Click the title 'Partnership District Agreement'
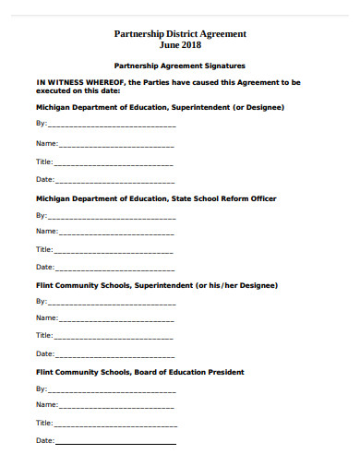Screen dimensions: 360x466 point(179,33)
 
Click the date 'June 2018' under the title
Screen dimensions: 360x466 point(179,44)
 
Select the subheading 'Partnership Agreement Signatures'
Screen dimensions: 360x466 point(179,66)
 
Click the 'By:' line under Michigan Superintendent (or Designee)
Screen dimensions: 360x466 point(111,125)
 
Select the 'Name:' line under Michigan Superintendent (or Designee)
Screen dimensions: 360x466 point(116,145)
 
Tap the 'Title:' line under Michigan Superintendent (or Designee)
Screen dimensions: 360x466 point(114,161)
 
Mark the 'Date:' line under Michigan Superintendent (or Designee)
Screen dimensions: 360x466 point(114,180)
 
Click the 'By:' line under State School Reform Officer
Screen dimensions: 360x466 point(111,216)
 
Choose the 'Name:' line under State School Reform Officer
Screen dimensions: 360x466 point(116,232)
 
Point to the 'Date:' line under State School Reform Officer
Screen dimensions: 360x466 point(114,268)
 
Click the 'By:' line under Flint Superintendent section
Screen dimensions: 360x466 point(111,302)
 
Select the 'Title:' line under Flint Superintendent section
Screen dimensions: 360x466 point(114,336)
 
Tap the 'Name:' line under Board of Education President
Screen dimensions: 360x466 point(116,405)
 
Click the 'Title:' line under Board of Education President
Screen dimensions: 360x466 point(114,423)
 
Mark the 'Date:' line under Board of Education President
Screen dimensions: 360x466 point(114,441)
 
